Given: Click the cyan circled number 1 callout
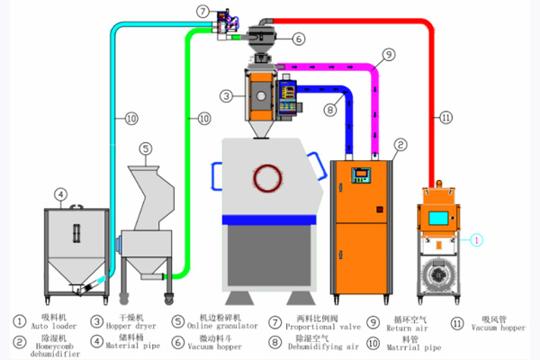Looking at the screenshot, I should [478, 239].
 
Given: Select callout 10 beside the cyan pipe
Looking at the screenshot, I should [131, 117].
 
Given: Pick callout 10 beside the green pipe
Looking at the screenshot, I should [204, 117].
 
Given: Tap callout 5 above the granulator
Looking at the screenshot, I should [146, 148].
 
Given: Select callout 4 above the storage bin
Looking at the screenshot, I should [60, 193].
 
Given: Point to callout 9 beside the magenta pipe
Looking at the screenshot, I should [387, 53].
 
